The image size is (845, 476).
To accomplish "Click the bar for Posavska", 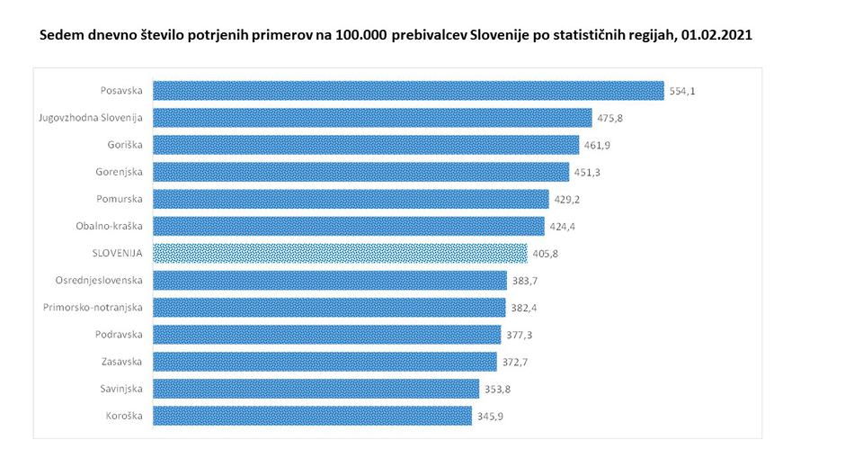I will coord(408,90).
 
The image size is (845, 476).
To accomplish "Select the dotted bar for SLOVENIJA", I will coord(340,253).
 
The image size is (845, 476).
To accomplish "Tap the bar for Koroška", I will coord(312,416).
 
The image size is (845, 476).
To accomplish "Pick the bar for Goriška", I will coord(366,144).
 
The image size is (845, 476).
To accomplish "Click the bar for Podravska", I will coord(326,335).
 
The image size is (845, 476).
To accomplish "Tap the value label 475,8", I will coord(612,118).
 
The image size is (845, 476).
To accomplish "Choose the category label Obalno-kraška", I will coord(112,226).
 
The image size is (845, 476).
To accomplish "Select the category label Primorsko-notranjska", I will coord(94,307).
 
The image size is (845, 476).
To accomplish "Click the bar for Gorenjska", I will coord(360,172).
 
